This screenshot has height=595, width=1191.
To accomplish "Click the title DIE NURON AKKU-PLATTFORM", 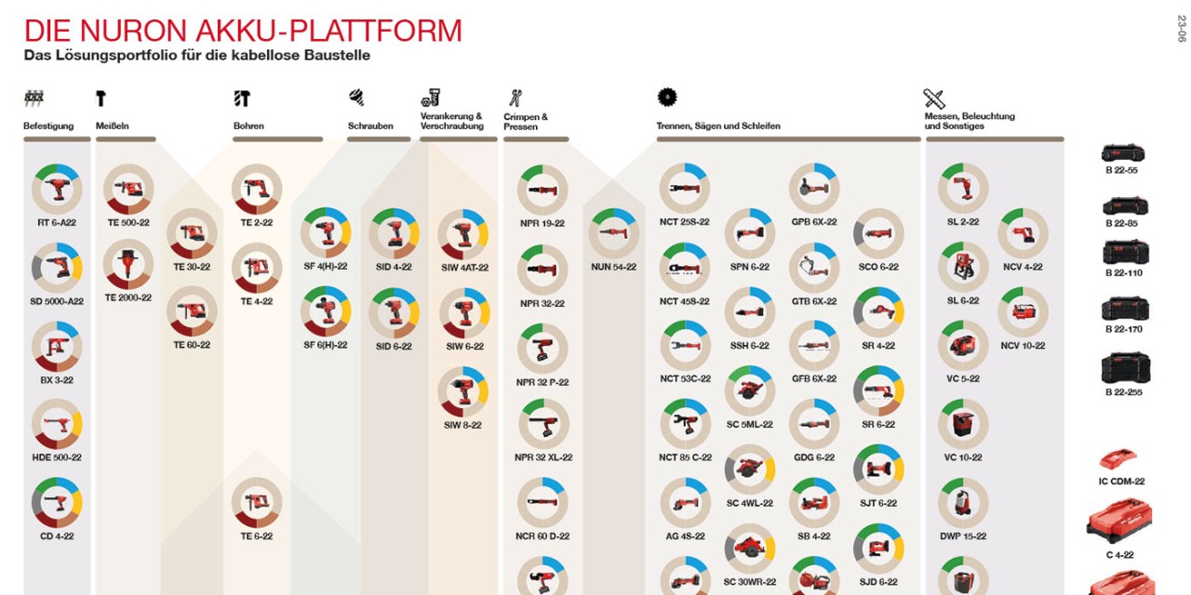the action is [243, 31].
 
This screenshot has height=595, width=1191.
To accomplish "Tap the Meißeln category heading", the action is [113, 126].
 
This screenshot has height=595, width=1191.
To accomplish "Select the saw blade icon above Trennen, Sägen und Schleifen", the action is [667, 98].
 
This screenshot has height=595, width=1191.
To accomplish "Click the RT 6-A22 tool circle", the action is [57, 189].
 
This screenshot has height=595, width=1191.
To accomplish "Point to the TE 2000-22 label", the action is [128, 297].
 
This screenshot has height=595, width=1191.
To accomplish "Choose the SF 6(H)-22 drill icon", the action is [326, 311].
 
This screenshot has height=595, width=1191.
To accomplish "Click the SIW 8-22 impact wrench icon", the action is [463, 391].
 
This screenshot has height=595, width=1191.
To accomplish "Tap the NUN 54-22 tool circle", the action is [613, 233].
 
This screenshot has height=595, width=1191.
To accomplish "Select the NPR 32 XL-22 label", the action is [543, 457].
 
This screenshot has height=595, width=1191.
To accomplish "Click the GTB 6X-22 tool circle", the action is [814, 268].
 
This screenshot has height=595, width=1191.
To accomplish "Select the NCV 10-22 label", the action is [1023, 346].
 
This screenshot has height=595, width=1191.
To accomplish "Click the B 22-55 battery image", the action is [1123, 153].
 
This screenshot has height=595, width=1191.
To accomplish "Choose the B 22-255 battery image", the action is [1126, 367].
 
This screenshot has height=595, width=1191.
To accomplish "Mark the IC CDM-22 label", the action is [1122, 482].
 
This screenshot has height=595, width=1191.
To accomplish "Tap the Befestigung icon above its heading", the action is [34, 99].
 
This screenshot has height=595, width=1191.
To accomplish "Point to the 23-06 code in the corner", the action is [1182, 29].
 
